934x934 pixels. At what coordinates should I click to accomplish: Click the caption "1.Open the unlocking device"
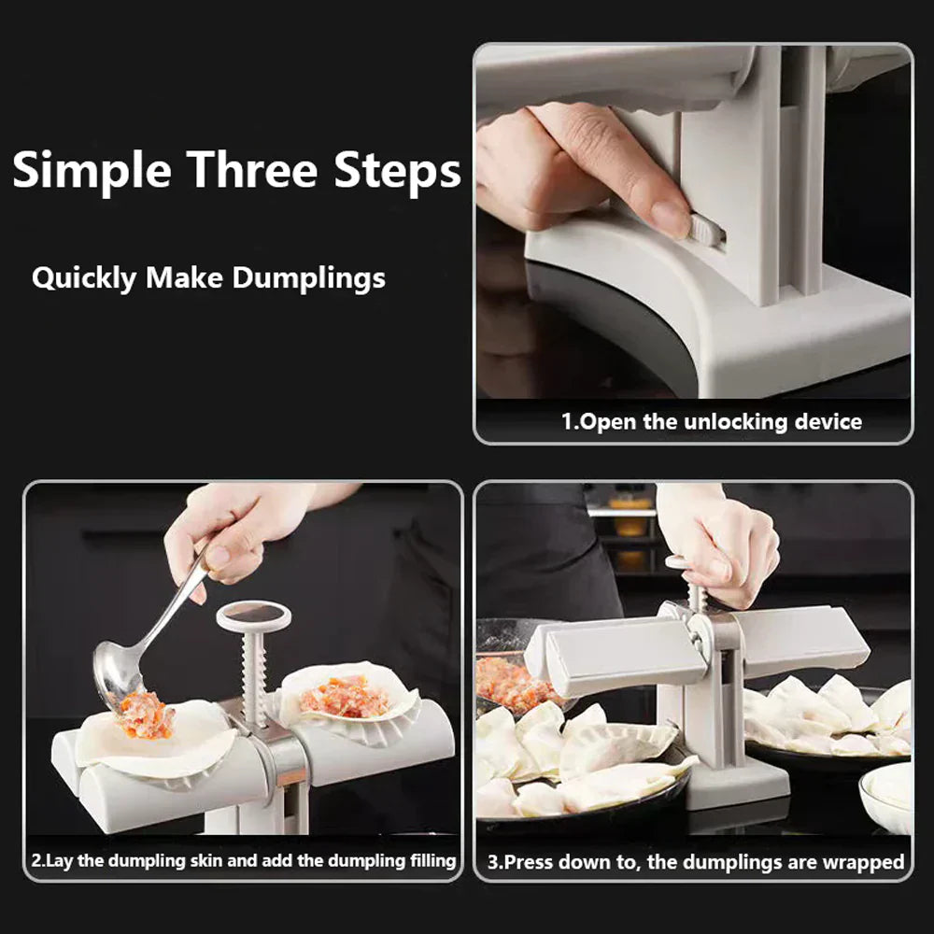tap(711, 421)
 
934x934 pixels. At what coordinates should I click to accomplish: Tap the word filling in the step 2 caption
tap(424, 859)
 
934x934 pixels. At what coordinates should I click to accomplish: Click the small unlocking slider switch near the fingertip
tap(705, 229)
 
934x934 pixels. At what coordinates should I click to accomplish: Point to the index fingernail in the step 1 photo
tap(670, 218)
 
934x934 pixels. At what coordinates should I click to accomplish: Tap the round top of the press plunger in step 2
tap(253, 615)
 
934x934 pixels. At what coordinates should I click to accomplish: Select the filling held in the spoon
tap(145, 715)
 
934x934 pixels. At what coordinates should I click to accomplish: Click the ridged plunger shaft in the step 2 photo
tap(254, 677)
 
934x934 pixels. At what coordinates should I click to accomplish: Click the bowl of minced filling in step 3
tap(509, 682)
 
